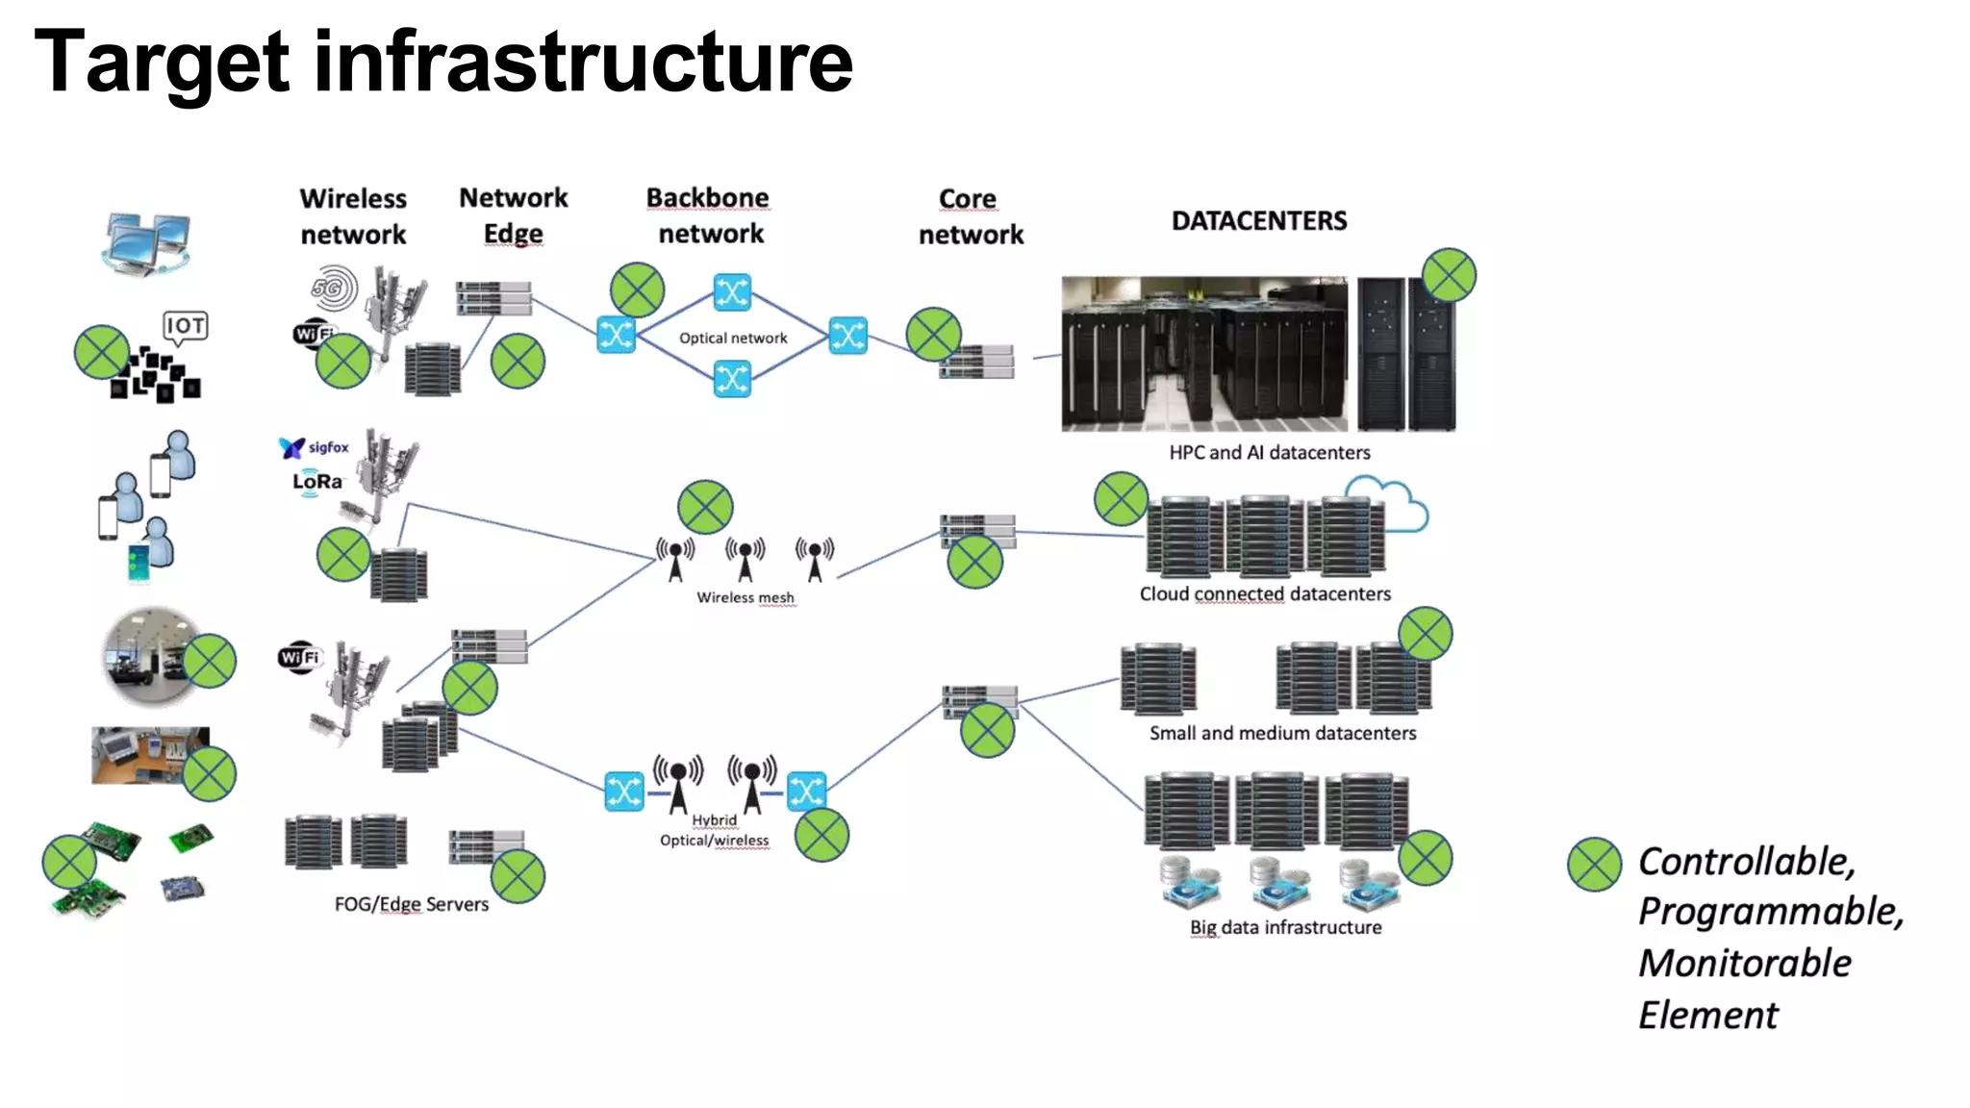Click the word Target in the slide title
pos(162,62)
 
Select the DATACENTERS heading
pos(1258,221)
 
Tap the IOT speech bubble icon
pos(185,327)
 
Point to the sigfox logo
pos(315,447)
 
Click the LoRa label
pos(316,481)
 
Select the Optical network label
pos(733,339)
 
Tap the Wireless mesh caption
pos(745,597)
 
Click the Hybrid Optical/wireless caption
pos(715,830)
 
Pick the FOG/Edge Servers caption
pos(411,904)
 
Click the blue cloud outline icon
pos(1396,503)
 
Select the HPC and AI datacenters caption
pos(1269,452)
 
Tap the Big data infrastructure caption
pos(1285,927)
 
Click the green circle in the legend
pos(1594,864)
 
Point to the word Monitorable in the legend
pos(1744,963)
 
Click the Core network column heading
pos(970,216)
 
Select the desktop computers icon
pos(146,242)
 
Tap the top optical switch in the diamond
pos(732,292)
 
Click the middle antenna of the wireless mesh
pos(745,559)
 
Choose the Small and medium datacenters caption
pos(1282,733)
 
